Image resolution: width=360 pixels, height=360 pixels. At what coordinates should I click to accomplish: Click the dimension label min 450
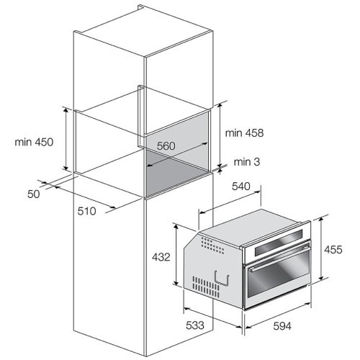(34, 142)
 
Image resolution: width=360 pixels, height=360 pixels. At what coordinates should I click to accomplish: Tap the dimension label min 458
(244, 133)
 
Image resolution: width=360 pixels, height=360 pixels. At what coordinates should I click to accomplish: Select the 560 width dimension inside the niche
(166, 146)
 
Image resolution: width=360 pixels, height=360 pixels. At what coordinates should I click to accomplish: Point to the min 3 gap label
(247, 162)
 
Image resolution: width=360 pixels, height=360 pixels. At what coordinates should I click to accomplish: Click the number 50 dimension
(34, 194)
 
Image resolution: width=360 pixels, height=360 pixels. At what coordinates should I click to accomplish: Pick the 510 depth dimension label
(86, 211)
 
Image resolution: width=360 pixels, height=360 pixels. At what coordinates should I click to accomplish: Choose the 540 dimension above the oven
(241, 186)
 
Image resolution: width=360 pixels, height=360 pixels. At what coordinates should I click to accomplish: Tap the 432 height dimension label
(161, 257)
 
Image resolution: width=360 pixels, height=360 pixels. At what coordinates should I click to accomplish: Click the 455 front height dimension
(333, 250)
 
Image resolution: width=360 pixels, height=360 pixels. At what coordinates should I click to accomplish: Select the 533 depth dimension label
(195, 325)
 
